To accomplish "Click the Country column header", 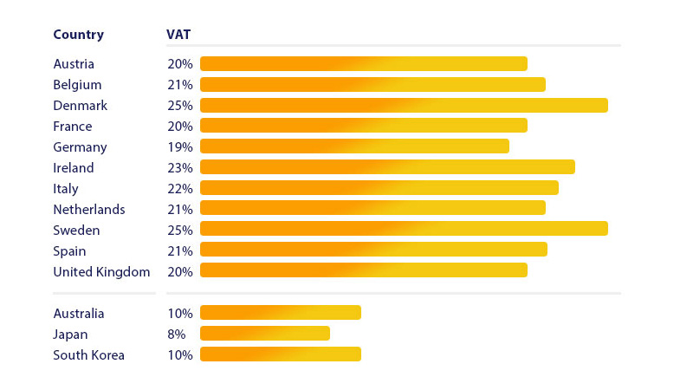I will (78, 35).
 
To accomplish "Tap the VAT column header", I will (178, 35).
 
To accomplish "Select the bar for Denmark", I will (404, 105).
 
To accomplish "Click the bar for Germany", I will (354, 146).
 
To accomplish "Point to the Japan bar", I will (265, 334).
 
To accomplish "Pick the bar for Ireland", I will (387, 167).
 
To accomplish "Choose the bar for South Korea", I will (281, 354).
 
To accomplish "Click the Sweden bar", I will (404, 230).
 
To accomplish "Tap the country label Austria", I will (74, 64).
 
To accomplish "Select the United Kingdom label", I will (101, 272).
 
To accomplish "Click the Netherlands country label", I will (89, 210).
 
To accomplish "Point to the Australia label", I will (79, 314).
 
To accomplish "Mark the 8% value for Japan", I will (177, 335).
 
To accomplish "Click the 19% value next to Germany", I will (180, 147).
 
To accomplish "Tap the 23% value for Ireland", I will (180, 168).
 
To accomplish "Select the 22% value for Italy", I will (180, 189).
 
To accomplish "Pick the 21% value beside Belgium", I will (180, 85).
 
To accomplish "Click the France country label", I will (73, 127).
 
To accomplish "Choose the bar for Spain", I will (373, 250).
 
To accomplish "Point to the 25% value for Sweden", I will (180, 231).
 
